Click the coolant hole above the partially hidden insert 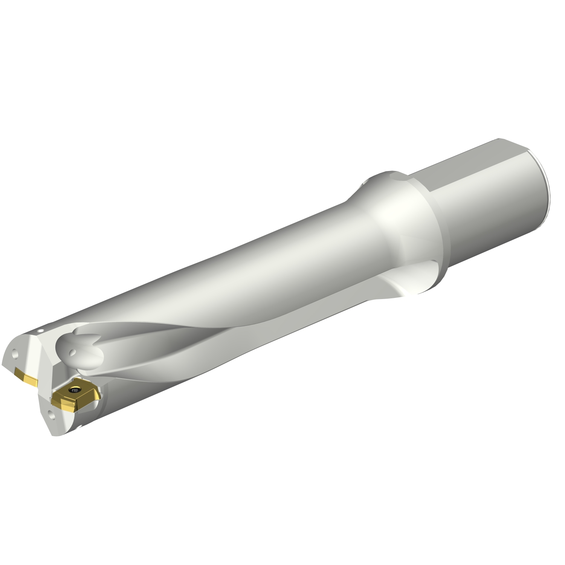click(x=15, y=354)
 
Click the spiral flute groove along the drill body click(x=226, y=339)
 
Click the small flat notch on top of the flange click(x=394, y=174)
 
